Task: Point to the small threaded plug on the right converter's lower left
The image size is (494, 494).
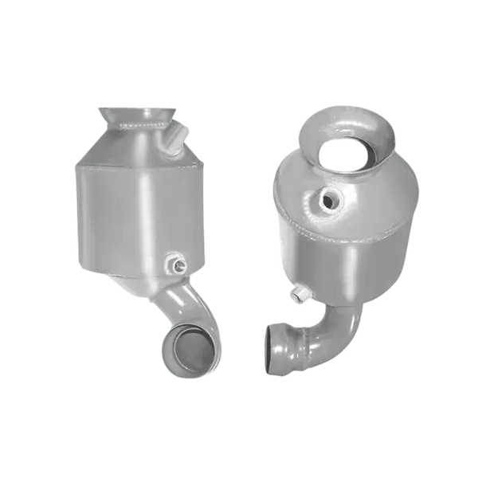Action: click(299, 294)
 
